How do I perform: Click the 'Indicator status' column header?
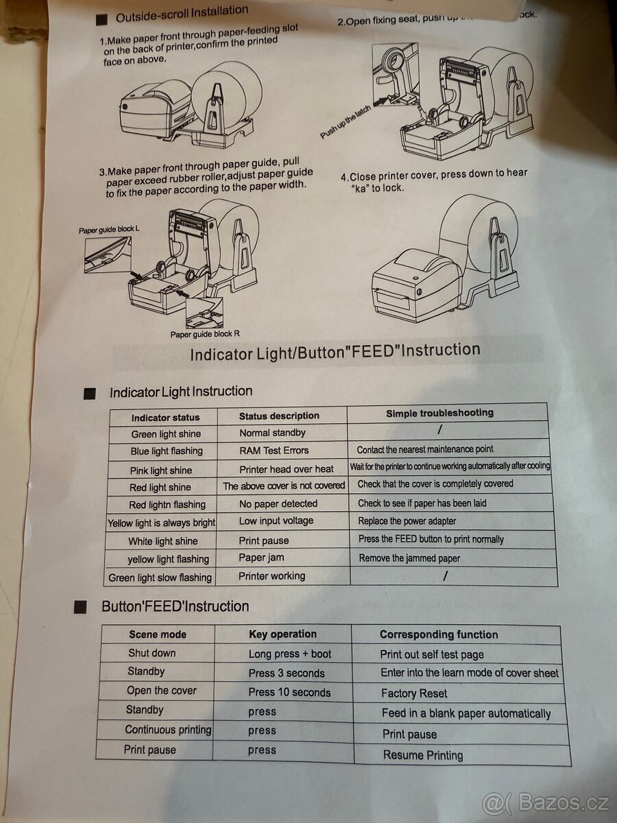pyautogui.click(x=165, y=417)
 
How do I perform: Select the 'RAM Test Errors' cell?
pyautogui.click(x=274, y=451)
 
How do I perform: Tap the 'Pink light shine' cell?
pyautogui.click(x=161, y=470)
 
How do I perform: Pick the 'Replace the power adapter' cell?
pyautogui.click(x=407, y=521)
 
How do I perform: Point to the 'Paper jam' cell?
pyautogui.click(x=261, y=558)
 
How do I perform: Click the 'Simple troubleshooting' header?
pyautogui.click(x=439, y=413)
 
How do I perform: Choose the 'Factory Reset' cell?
pyautogui.click(x=414, y=693)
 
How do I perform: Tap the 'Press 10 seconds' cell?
pyautogui.click(x=289, y=692)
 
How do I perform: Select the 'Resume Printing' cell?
pyautogui.click(x=422, y=755)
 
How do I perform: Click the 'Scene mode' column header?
pyautogui.click(x=158, y=634)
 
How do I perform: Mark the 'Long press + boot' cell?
pyautogui.click(x=289, y=654)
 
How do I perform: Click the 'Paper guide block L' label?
pyautogui.click(x=110, y=230)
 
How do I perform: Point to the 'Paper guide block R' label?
pyautogui.click(x=205, y=335)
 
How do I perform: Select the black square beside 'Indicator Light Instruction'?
pyautogui.click(x=89, y=394)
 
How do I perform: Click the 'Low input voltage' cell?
pyautogui.click(x=276, y=521)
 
